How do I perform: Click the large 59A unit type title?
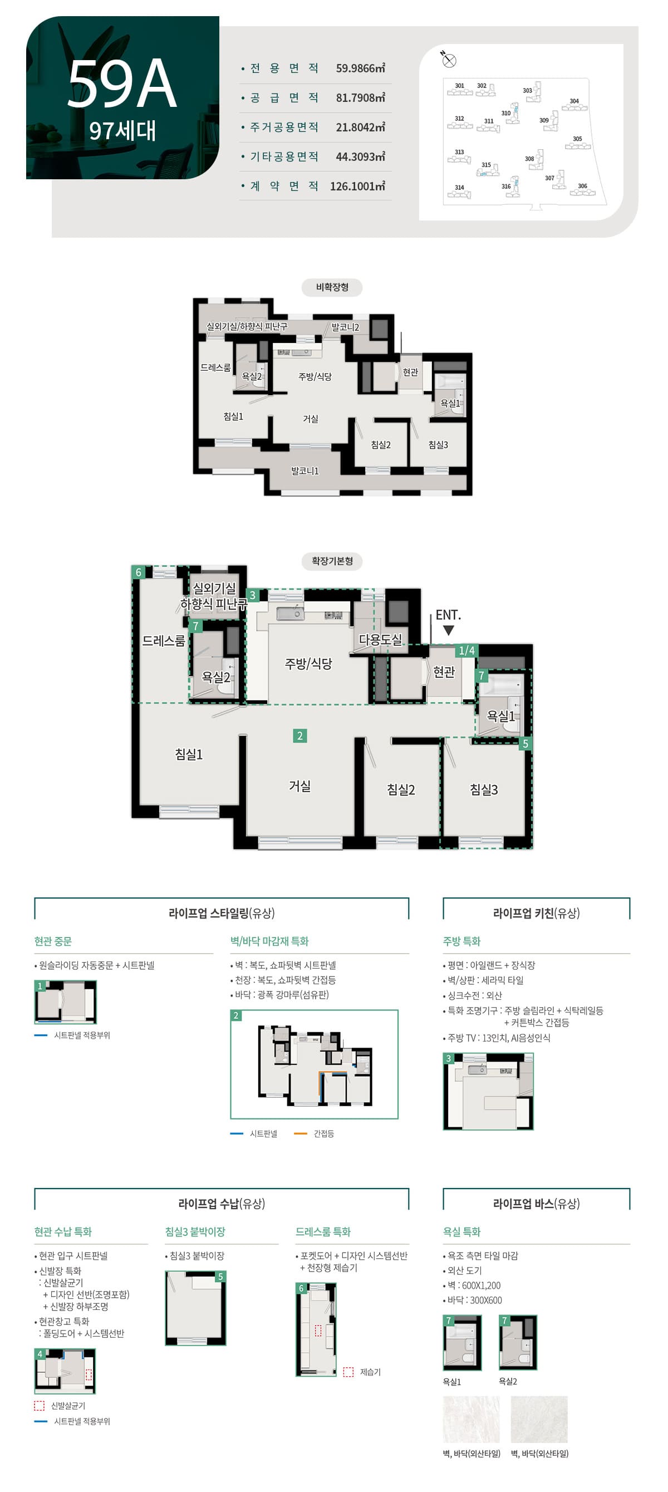(122, 85)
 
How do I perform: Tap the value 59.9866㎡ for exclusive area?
(360, 68)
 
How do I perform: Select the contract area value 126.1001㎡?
(357, 186)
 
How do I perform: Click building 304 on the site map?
(574, 105)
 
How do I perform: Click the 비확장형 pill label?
(332, 287)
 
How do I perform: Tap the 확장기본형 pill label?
(332, 561)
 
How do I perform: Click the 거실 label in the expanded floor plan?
(299, 786)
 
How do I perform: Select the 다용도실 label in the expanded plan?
(380, 640)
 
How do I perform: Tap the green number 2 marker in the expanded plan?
(299, 735)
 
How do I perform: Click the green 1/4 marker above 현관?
(466, 650)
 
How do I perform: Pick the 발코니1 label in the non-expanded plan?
(304, 471)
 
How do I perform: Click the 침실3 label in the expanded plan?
(484, 789)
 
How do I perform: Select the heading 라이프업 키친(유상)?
(536, 914)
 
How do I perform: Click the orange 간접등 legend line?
(300, 1133)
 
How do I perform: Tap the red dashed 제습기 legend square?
(348, 1372)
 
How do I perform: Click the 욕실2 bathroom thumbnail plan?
(518, 1343)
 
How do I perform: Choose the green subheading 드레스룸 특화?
(323, 1232)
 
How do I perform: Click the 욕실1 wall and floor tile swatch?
(471, 1419)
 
